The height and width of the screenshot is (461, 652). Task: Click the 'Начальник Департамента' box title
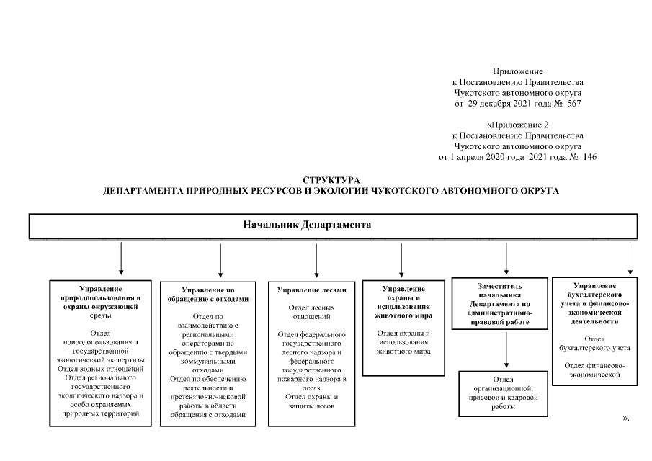[308, 225]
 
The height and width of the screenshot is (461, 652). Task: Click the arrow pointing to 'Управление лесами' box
[317, 259]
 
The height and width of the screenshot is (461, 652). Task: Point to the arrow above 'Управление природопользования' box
[120, 259]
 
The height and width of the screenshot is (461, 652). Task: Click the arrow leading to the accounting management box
[630, 259]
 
